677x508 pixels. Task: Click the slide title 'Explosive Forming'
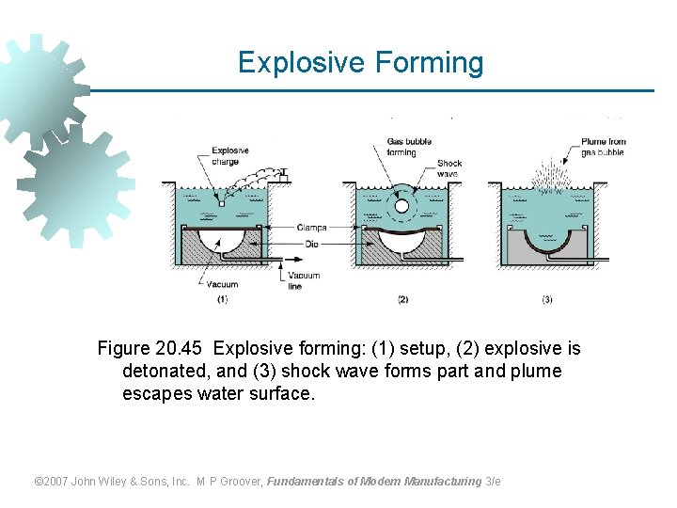click(x=360, y=63)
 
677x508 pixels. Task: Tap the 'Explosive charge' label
click(x=230, y=155)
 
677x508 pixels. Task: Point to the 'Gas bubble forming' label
click(x=409, y=147)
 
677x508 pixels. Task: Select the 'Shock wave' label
click(x=449, y=168)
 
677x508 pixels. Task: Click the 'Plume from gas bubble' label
click(x=603, y=147)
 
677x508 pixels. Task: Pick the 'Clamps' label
click(x=311, y=227)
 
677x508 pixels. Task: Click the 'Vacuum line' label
click(x=304, y=280)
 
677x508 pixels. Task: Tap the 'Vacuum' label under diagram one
click(x=223, y=284)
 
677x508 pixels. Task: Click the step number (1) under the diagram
click(x=222, y=300)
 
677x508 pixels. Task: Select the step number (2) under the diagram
click(x=402, y=300)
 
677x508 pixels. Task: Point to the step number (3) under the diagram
click(x=547, y=300)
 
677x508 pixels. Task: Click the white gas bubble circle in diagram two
click(x=401, y=205)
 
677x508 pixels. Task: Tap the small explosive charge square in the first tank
click(x=220, y=202)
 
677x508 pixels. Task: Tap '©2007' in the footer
click(x=53, y=482)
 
